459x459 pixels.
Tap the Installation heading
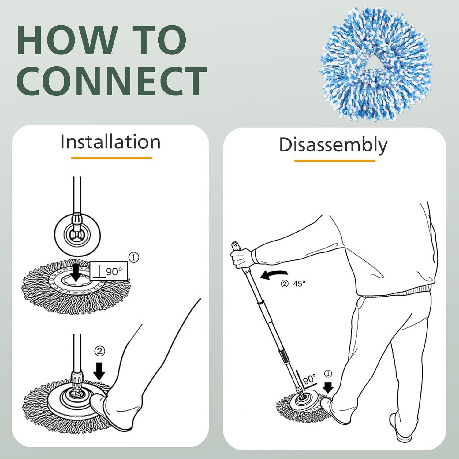tap(110, 142)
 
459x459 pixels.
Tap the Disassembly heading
tap(333, 145)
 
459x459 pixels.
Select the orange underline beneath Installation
tap(111, 158)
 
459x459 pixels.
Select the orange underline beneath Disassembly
tap(334, 160)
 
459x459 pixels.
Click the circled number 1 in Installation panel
tap(134, 258)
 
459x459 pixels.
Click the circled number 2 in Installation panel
tap(99, 351)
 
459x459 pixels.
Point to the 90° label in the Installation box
tap(114, 271)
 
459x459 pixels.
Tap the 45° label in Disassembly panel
tap(299, 284)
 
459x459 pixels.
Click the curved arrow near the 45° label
tap(274, 274)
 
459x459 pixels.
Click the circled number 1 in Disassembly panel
tap(328, 374)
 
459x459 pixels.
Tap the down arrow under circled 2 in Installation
tap(99, 371)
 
